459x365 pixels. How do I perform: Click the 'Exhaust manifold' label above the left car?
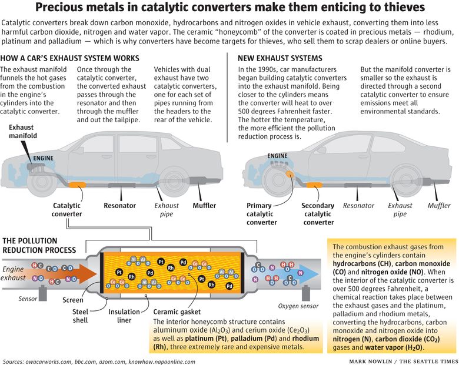[x=23, y=131]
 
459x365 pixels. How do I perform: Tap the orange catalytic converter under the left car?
[x=77, y=185]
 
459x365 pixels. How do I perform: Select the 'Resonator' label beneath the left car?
[x=119, y=206]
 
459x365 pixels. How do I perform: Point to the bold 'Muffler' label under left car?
[x=204, y=206]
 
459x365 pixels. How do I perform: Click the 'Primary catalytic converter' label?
[x=261, y=214]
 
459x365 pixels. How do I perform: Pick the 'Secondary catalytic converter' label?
[x=318, y=214]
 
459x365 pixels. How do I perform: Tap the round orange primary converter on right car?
[x=290, y=175]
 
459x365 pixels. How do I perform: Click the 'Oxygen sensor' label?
[x=298, y=306]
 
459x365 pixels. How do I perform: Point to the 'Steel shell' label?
[x=80, y=316]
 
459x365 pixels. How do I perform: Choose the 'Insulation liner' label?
[x=124, y=316]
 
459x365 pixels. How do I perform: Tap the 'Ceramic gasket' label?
[x=177, y=312]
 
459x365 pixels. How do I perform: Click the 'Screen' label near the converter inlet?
[x=72, y=300]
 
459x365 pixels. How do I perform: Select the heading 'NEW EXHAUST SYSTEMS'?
[x=280, y=58]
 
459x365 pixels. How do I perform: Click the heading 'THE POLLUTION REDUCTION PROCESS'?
[x=39, y=245]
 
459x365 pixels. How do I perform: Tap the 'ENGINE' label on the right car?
[x=277, y=156]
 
